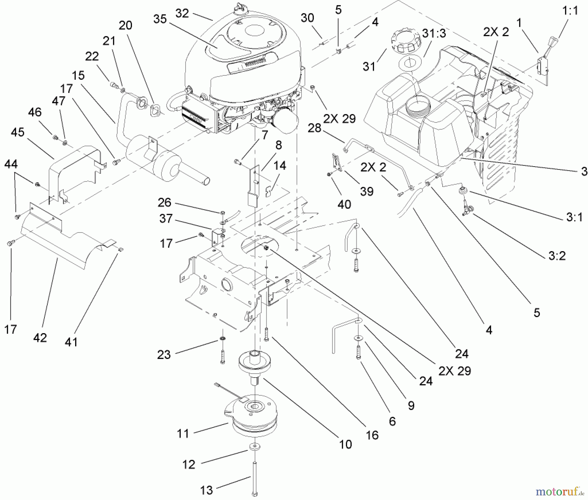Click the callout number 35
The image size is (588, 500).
[160, 20]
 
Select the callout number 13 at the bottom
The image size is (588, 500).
[206, 490]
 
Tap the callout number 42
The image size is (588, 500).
[40, 338]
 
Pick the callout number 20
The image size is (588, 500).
[125, 25]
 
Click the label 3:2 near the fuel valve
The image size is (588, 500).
[557, 256]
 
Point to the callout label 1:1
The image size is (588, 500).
[570, 10]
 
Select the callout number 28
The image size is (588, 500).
[315, 128]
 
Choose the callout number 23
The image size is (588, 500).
[164, 354]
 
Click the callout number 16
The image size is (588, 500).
[372, 435]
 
